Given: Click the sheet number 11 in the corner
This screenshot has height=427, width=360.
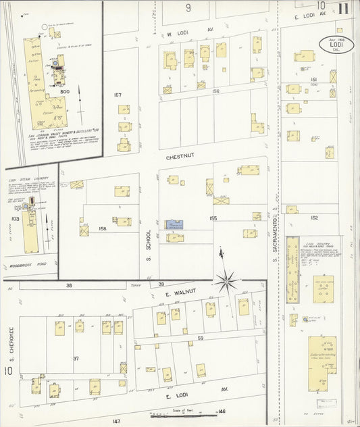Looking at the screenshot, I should pyautogui.click(x=344, y=9).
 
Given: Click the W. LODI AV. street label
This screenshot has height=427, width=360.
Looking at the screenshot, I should pyautogui.click(x=181, y=31).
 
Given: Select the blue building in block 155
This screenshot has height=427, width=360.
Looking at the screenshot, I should pyautogui.click(x=174, y=224).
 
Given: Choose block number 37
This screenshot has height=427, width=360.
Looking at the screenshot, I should pyautogui.click(x=76, y=358).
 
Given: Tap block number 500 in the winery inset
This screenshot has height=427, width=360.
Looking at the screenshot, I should pyautogui.click(x=46, y=91).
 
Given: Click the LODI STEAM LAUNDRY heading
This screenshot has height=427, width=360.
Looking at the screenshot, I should pyautogui.click(x=20, y=171).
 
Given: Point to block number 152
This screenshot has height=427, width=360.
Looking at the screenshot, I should pyautogui.click(x=314, y=218).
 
